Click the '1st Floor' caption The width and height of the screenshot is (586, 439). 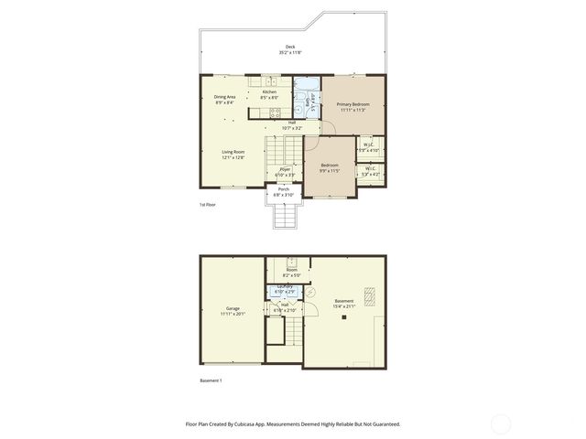(x=208, y=206)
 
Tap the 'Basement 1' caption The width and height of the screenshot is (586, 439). (x=212, y=380)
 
